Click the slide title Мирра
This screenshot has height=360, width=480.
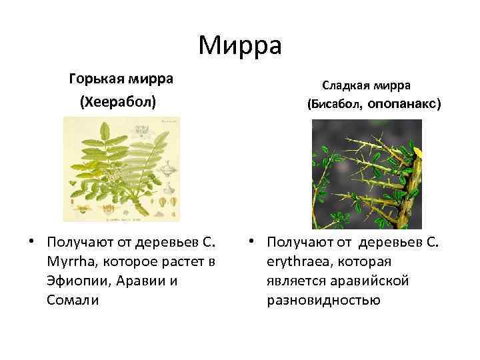click(240, 47)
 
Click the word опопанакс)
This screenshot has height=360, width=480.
click(404, 105)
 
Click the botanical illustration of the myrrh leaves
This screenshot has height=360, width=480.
click(122, 169)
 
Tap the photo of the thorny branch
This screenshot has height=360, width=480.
click(367, 174)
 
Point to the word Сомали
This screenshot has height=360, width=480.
click(73, 301)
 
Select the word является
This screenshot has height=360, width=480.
click(292, 281)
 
